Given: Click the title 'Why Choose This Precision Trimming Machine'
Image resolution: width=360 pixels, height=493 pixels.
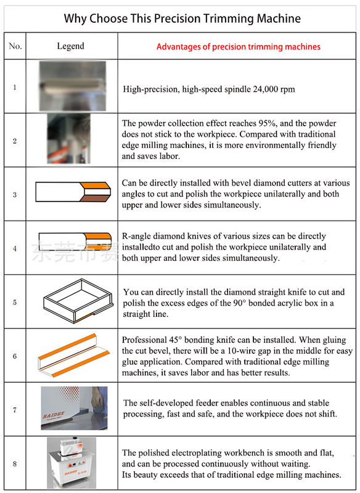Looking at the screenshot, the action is pos(182,18).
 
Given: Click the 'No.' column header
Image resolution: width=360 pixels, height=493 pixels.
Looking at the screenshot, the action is pos(15,46).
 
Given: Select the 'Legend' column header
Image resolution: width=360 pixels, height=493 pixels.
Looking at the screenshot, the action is pos(70,46).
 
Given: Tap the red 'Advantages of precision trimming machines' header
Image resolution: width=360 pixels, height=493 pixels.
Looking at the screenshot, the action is pos(239,47).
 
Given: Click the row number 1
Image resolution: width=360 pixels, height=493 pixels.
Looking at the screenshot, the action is pos(15,87).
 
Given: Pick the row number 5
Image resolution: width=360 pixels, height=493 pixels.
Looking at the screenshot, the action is pos(15,303).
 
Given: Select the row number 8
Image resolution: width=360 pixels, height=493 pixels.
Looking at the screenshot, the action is pos(15,464).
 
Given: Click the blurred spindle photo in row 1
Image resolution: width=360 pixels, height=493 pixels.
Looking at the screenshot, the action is pos(72,86).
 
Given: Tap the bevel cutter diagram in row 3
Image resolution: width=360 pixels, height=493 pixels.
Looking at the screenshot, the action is pos(73,192).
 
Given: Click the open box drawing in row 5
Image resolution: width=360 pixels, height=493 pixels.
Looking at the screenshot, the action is pos(78,301).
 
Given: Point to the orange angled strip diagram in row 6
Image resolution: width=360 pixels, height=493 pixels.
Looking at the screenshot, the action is pos(73,356).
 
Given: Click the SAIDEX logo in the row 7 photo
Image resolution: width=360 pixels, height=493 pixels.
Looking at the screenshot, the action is pos(54,415).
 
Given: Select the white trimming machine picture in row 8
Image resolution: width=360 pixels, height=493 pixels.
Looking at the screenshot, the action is pos(72,463).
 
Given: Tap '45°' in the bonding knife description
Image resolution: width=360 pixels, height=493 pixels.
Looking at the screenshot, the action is pos(176,340).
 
